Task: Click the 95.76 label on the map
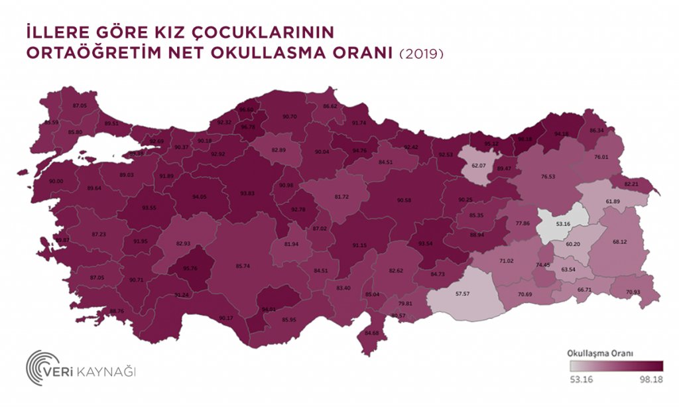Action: tap(191, 268)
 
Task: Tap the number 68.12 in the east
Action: tap(620, 241)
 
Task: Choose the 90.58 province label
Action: tap(404, 200)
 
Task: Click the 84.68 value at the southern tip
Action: tap(371, 333)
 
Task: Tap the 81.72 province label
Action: tap(341, 198)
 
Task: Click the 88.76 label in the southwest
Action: tap(116, 312)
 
